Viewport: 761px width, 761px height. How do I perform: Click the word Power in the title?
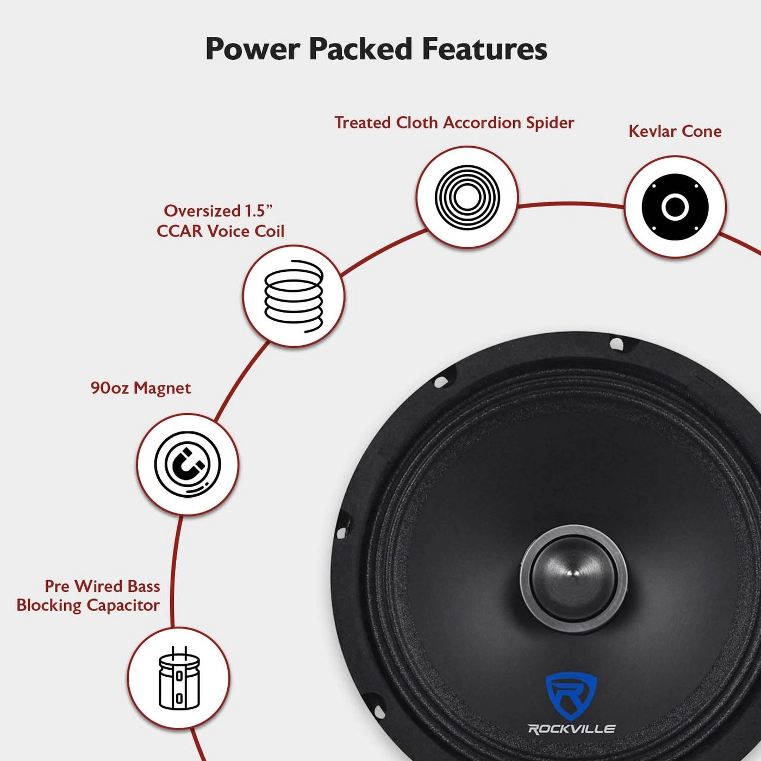[x=253, y=49]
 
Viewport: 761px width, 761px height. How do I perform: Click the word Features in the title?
[x=484, y=49]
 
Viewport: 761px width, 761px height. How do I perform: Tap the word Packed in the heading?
[x=361, y=49]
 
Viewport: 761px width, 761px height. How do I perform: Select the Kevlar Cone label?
[x=675, y=132]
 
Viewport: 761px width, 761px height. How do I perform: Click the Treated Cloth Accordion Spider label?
[x=454, y=123]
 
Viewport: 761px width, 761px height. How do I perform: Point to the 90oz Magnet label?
[x=141, y=388]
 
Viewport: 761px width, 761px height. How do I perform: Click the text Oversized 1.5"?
[x=219, y=211]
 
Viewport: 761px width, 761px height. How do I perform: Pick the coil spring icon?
[x=295, y=296]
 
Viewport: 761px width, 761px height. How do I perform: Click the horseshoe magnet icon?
[x=187, y=464]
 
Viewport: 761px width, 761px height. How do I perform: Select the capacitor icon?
[x=179, y=677]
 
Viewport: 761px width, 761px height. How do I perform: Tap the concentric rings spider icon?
[x=467, y=197]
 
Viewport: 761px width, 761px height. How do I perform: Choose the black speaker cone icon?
[x=675, y=207]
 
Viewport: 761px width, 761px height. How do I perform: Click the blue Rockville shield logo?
[x=571, y=701]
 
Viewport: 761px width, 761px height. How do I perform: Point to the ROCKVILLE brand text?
[x=571, y=740]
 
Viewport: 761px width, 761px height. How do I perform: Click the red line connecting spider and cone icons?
[x=571, y=204]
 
